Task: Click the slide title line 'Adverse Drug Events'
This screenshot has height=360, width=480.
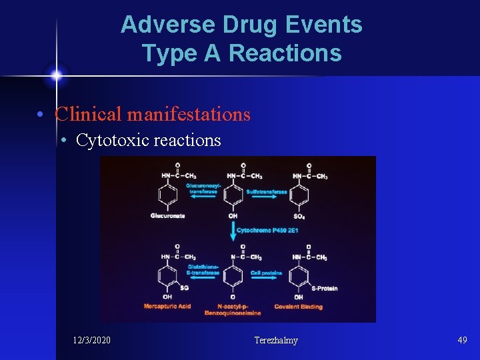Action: [241, 25]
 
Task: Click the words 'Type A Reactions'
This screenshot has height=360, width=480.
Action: [241, 53]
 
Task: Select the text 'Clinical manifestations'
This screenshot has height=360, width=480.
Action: [153, 115]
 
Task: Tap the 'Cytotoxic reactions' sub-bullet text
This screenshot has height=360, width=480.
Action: [148, 140]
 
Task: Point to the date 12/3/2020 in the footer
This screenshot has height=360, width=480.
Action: [92, 341]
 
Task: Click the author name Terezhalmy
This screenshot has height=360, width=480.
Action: [276, 341]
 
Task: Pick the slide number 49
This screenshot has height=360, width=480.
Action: [462, 340]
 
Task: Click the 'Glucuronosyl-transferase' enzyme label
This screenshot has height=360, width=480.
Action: [201, 189]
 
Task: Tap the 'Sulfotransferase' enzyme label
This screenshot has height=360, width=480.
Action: [267, 192]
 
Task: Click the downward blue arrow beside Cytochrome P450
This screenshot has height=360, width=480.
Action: [233, 231]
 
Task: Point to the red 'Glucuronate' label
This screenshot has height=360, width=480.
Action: [168, 216]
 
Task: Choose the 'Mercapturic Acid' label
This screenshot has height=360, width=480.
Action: [167, 307]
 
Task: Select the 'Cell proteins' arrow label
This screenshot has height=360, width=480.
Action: [266, 273]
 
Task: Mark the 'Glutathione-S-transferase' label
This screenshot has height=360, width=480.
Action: [203, 269]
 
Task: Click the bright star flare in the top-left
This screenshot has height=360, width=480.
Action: [56, 75]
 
